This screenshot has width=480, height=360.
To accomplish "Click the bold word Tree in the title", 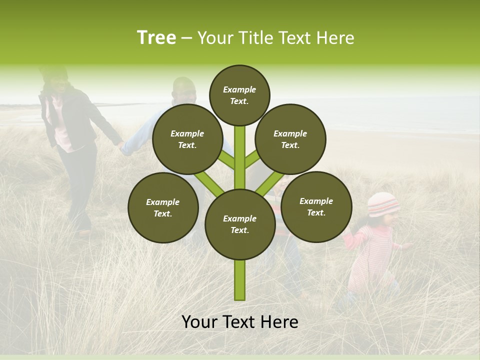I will pos(156,38).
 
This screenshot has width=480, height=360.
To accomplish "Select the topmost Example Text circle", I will pos(239,95).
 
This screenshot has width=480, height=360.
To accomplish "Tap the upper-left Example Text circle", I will pos(187,139).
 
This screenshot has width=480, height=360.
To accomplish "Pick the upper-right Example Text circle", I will pos(290,139).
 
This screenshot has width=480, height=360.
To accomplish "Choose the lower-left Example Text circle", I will pos(163,207).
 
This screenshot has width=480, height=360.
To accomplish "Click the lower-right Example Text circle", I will pos(316,206).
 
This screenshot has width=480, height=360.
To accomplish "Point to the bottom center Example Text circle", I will pos(240,224).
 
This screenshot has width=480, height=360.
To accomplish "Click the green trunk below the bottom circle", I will pos(240,280).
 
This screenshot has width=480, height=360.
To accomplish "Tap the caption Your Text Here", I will pos(240,322).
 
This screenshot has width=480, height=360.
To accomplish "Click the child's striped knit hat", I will pos(383,203).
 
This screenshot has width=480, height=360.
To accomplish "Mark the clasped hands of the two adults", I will pos(121,146).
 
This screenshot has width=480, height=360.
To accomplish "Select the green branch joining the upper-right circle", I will pos(252,158).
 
